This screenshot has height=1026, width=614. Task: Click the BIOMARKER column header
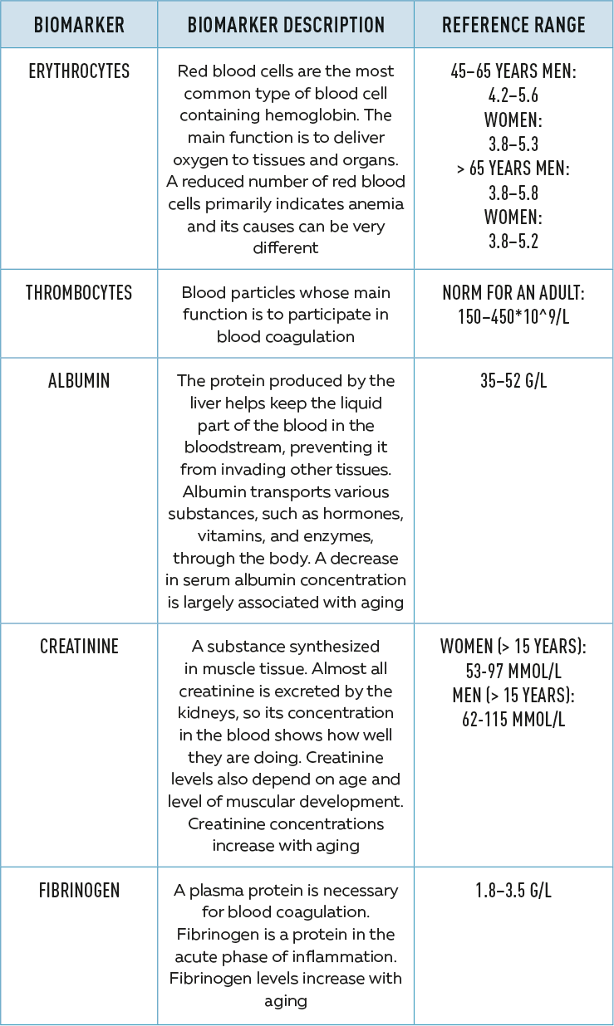click(x=78, y=25)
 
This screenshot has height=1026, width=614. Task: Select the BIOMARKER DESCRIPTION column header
click(x=286, y=25)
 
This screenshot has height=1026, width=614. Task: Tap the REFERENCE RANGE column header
click(x=513, y=25)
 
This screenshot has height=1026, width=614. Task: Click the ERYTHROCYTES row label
click(x=78, y=71)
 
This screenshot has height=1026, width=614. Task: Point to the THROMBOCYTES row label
click(x=79, y=293)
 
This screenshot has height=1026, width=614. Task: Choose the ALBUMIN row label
click(x=79, y=381)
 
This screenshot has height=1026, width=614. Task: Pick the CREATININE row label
click(x=79, y=647)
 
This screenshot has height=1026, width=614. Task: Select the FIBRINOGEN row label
click(x=79, y=891)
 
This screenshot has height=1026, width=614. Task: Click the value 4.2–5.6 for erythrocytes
click(x=513, y=95)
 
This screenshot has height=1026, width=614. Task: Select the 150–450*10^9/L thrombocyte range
click(x=513, y=317)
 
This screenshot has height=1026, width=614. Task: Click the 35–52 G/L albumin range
click(x=513, y=382)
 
